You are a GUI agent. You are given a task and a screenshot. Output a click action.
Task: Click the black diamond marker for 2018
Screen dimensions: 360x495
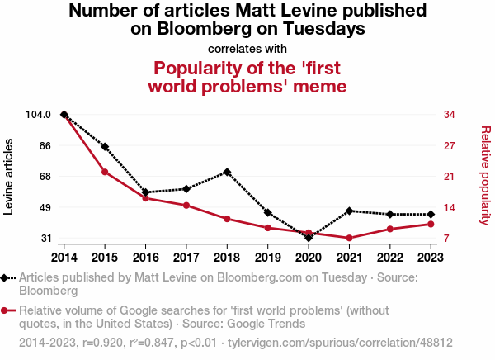(227, 172)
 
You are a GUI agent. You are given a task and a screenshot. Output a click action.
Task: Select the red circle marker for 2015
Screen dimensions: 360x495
(105, 172)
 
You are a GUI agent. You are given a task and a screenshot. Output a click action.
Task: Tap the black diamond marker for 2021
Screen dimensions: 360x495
(350, 211)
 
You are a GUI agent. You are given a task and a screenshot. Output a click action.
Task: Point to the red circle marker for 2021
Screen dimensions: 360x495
(350, 239)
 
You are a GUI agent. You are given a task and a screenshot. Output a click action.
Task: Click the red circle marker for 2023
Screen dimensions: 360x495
(431, 224)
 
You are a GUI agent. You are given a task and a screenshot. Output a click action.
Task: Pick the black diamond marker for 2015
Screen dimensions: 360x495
(105, 146)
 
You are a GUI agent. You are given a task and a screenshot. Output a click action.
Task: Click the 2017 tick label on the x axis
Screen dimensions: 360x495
(186, 255)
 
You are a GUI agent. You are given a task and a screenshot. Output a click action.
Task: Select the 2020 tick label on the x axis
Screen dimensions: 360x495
(309, 255)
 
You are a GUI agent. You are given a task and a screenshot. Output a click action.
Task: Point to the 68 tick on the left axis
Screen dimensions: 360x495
(45, 177)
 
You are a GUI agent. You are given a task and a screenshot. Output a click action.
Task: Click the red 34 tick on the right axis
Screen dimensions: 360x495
(450, 115)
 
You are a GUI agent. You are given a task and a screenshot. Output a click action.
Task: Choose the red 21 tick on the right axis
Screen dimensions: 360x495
(450, 177)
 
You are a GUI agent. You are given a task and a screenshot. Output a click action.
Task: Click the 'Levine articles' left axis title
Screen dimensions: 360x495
(9, 177)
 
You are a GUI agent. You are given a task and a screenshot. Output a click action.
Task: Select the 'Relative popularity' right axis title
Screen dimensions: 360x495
(486, 175)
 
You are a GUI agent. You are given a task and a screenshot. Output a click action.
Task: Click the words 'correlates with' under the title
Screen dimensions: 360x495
(247, 48)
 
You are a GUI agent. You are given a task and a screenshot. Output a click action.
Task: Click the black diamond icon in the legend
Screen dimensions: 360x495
(7, 278)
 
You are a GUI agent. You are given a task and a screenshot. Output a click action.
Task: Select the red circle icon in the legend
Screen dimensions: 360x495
(7, 310)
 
